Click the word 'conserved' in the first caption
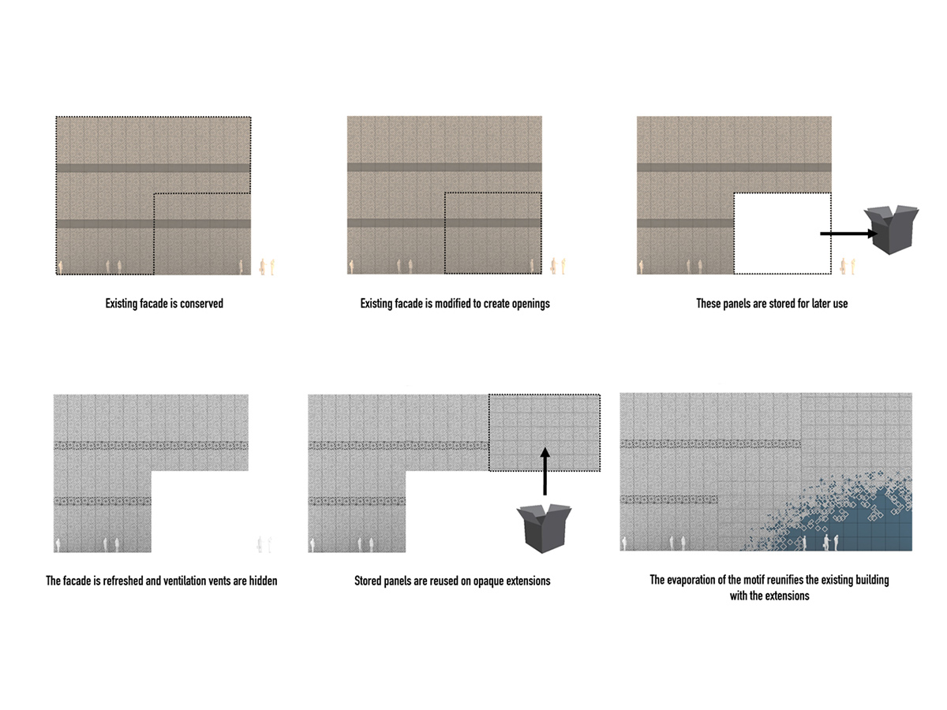[x=201, y=304]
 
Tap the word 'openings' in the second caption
[x=530, y=304]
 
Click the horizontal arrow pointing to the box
[x=848, y=234]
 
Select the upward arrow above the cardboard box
[x=545, y=471]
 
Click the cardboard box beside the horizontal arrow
[x=890, y=229]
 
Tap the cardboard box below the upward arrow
[x=544, y=529]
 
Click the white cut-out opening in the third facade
[x=783, y=234]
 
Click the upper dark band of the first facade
[x=153, y=168]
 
